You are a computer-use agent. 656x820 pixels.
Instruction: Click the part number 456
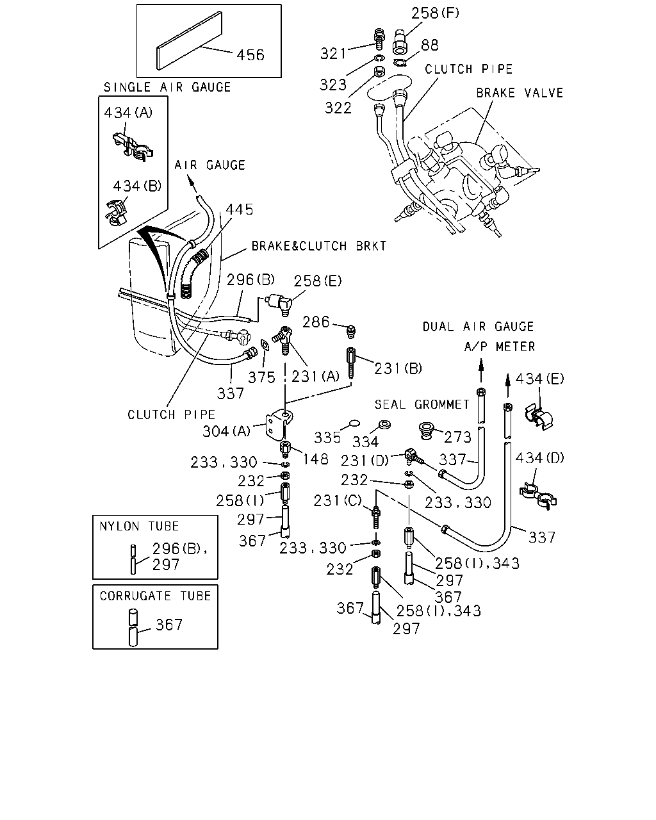click(x=250, y=55)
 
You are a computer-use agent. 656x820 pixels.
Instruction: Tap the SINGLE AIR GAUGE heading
click(x=167, y=87)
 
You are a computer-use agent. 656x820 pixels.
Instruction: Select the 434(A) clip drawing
click(x=133, y=146)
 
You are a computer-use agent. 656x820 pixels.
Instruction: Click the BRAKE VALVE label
click(x=520, y=93)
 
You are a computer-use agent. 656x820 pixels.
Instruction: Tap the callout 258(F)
click(x=435, y=13)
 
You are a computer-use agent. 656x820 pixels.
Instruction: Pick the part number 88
click(x=430, y=45)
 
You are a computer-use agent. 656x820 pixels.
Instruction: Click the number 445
click(x=240, y=209)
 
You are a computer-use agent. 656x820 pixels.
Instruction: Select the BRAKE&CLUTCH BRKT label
click(x=318, y=246)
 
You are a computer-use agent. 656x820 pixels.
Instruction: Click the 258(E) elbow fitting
click(x=279, y=304)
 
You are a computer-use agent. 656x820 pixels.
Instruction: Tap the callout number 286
click(x=316, y=322)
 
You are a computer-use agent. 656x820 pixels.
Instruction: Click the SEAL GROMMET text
click(x=422, y=404)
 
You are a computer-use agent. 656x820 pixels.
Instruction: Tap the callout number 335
click(x=327, y=438)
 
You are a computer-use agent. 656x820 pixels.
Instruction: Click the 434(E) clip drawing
click(x=539, y=417)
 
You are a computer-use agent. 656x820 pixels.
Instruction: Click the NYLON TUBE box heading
click(x=139, y=526)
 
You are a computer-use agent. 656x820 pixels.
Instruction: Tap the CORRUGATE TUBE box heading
click(x=155, y=596)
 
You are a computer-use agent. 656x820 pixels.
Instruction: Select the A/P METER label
click(x=499, y=347)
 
